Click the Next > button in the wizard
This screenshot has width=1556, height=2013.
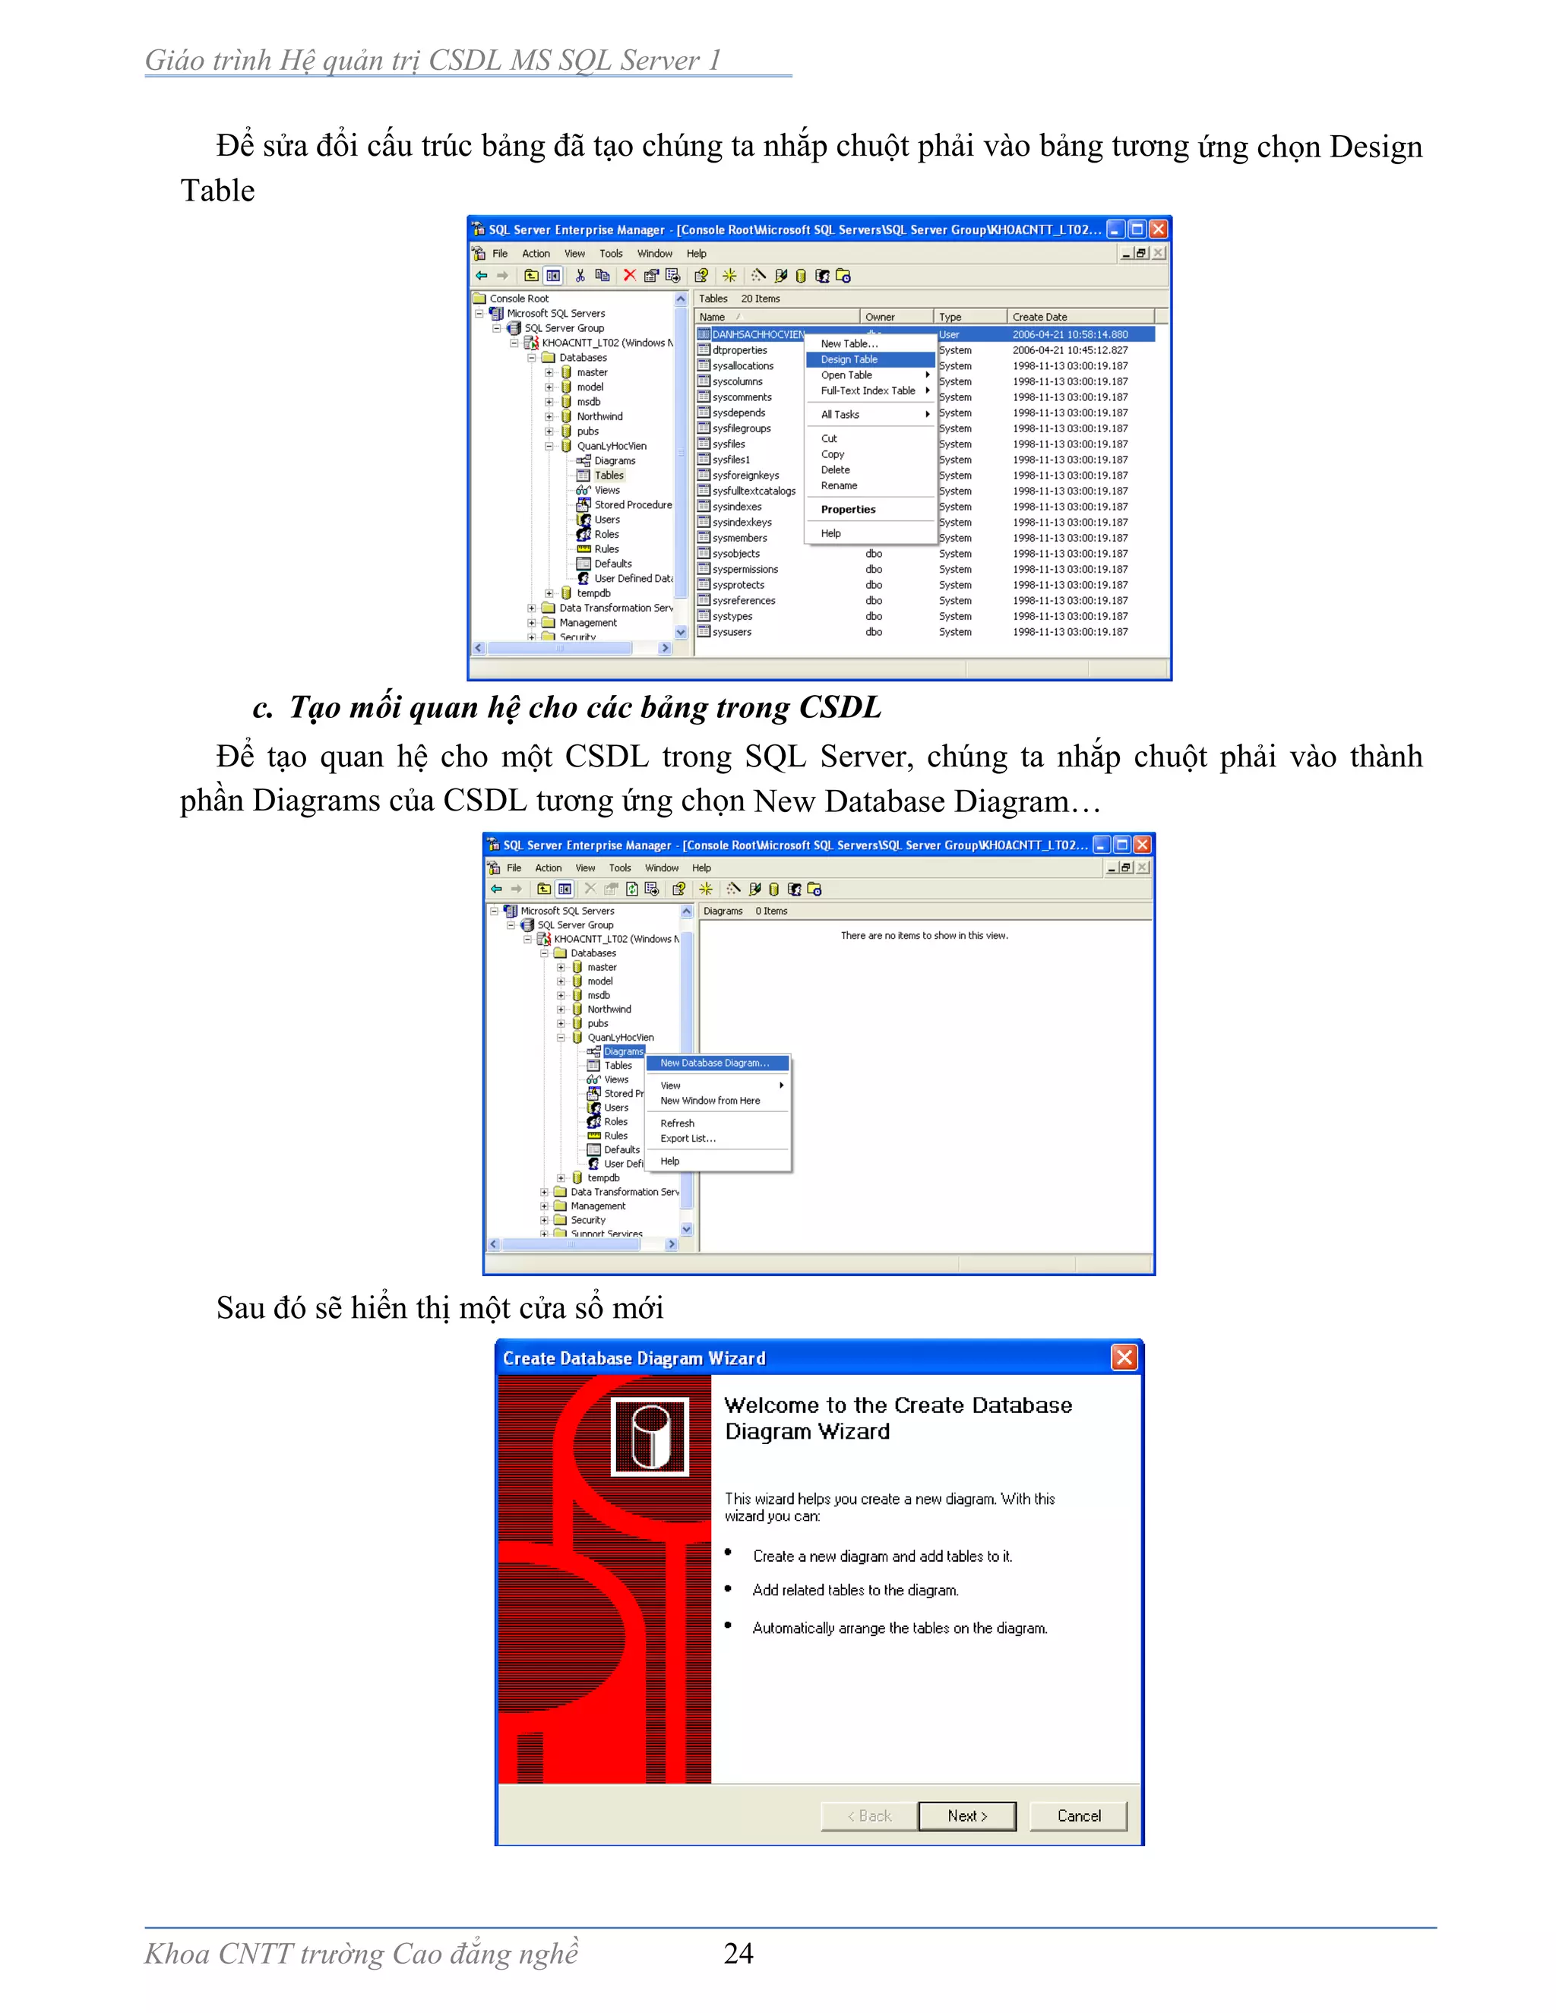coord(967,1815)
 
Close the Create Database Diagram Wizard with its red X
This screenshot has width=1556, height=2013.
coord(1124,1357)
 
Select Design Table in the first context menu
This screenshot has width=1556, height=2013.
coord(849,359)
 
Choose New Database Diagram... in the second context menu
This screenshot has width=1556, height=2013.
coord(714,1063)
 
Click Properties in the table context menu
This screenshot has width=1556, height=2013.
coord(848,509)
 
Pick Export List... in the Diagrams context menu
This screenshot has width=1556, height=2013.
coord(688,1139)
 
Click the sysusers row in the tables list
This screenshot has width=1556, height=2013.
coord(732,632)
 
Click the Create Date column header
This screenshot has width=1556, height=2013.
coord(1040,317)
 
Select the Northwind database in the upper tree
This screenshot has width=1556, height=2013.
coord(599,416)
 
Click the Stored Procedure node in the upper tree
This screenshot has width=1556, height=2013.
coord(632,505)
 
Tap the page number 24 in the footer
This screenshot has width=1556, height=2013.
coord(738,1953)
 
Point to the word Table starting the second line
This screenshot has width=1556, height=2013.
coord(217,191)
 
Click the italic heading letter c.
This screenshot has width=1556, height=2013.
coord(262,708)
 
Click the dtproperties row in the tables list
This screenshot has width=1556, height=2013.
coord(739,350)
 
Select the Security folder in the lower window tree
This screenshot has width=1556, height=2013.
coord(588,1219)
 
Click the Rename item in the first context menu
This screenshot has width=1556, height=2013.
coord(839,485)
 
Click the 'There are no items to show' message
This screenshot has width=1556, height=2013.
coord(924,936)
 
